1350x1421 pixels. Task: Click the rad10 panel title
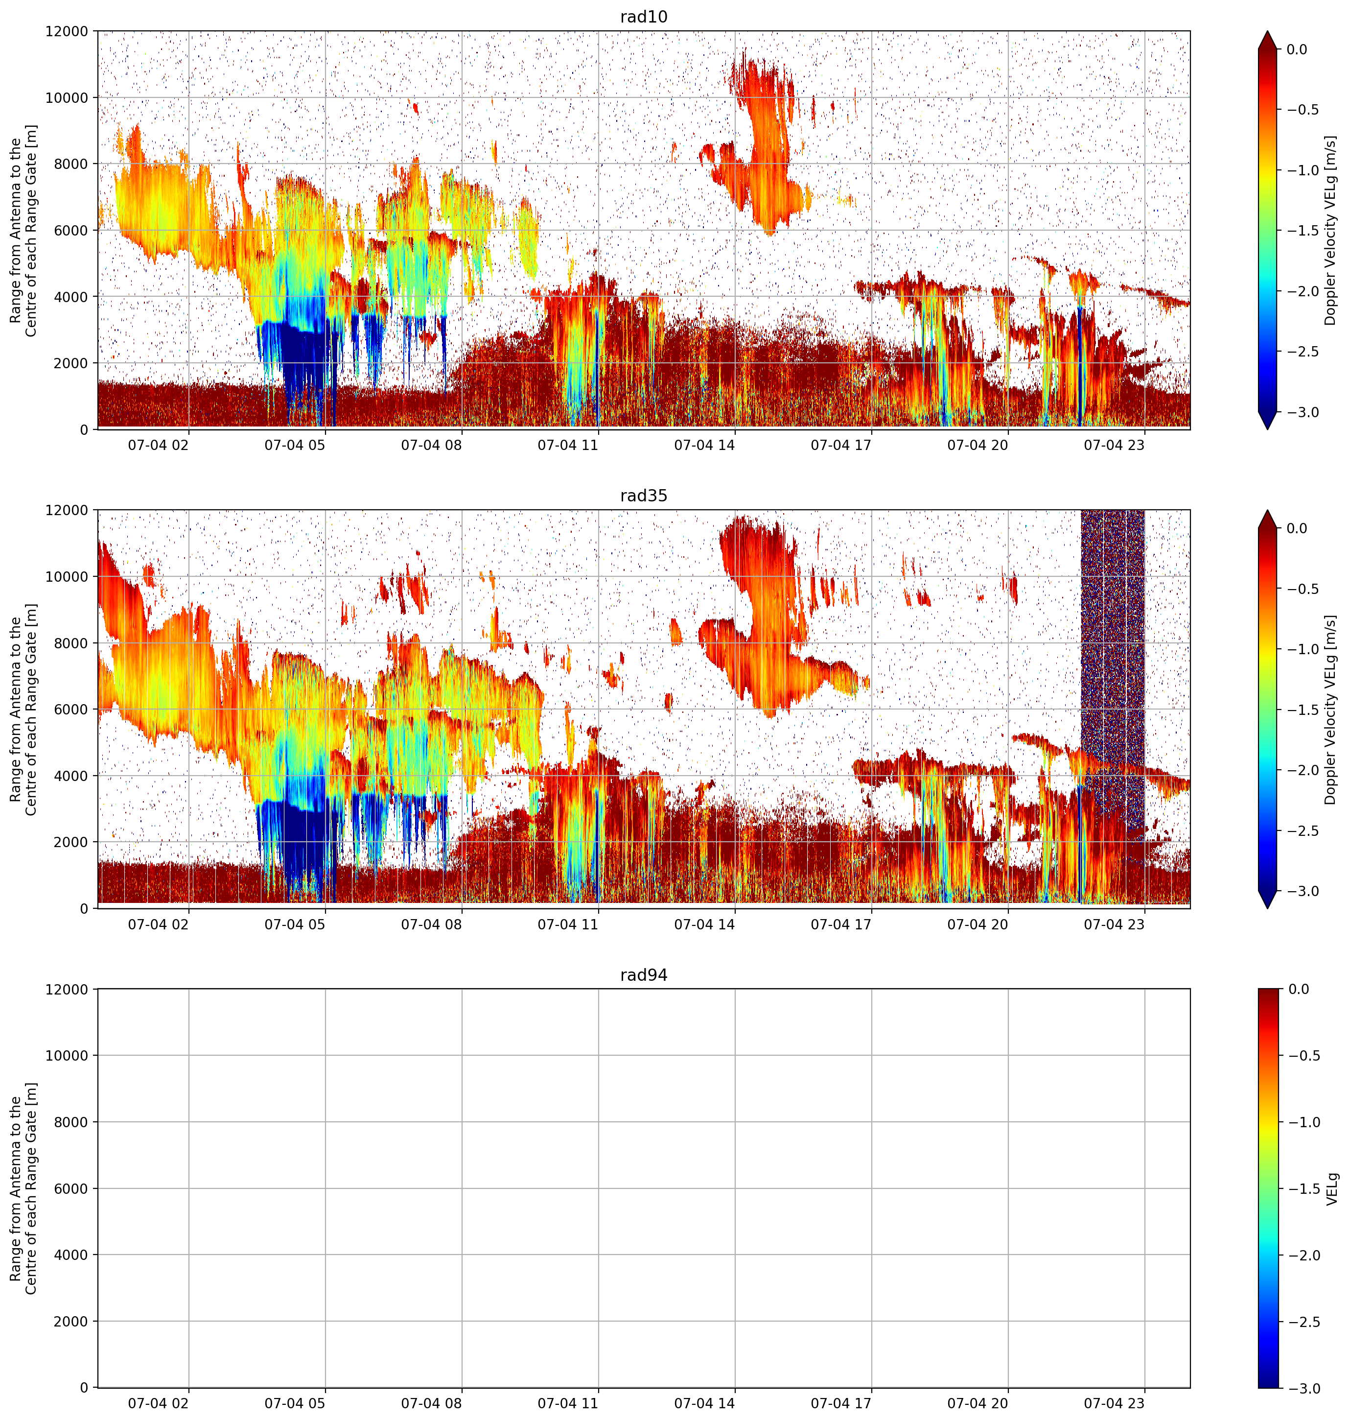(x=643, y=17)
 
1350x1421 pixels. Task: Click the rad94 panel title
(x=643, y=975)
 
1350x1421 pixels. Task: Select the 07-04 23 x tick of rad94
(x=1114, y=1403)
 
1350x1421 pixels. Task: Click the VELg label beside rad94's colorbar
(x=1331, y=1188)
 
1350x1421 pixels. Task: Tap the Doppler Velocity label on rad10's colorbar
(x=1330, y=230)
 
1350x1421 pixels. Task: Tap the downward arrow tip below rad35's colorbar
(x=1268, y=908)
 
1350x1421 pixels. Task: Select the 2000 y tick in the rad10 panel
(x=71, y=363)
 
